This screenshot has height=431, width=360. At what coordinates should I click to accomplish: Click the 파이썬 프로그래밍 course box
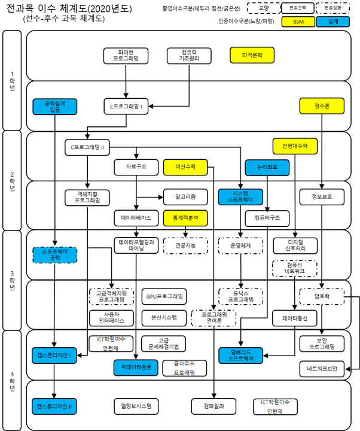click(x=125, y=56)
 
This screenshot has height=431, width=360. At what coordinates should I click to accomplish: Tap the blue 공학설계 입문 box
click(x=54, y=107)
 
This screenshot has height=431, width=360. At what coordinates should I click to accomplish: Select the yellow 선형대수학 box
click(x=295, y=145)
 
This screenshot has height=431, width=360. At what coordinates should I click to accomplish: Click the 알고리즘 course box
click(x=184, y=195)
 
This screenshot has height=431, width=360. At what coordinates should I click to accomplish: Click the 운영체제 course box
click(x=240, y=245)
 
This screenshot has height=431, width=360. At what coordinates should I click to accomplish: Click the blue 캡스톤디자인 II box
click(x=54, y=406)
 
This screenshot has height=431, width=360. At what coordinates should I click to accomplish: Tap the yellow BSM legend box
click(x=298, y=22)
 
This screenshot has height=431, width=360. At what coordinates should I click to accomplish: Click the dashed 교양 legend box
click(x=264, y=8)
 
